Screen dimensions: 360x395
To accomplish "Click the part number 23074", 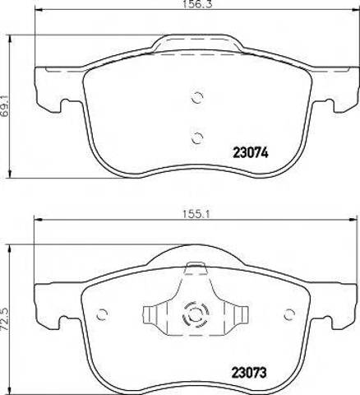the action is click(x=251, y=152).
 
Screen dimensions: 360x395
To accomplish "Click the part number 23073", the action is click(x=249, y=373).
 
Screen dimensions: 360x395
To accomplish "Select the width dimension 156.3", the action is click(x=197, y=3).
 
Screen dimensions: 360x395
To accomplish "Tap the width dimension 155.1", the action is click(x=196, y=213).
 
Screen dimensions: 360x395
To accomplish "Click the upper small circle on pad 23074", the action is click(x=196, y=97).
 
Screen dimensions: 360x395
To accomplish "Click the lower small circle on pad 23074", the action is click(x=196, y=137).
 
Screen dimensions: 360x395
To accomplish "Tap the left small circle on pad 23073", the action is click(x=102, y=314).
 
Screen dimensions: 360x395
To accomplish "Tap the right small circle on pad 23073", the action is click(x=289, y=314).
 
